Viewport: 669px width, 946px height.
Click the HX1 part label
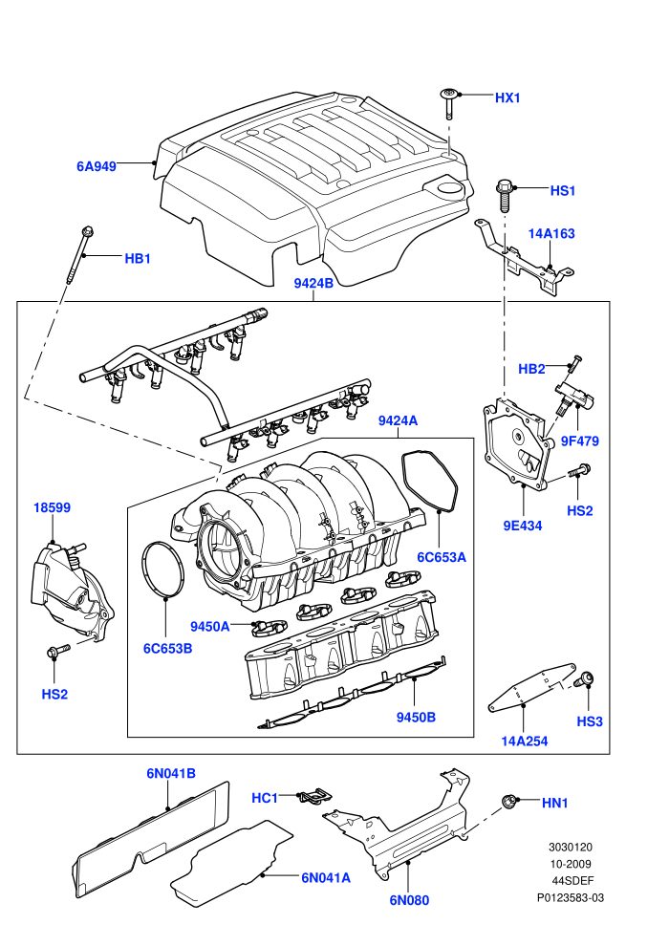click(507, 97)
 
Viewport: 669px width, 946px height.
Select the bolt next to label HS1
click(505, 194)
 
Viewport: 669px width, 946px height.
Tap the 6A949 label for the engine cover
click(97, 166)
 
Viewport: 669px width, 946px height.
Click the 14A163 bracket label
click(551, 233)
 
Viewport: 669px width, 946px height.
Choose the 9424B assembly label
click(313, 283)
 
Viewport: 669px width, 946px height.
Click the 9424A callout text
click(398, 420)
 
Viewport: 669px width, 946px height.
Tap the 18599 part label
click(52, 508)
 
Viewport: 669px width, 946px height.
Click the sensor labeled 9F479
click(574, 397)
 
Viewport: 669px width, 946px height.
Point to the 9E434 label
click(523, 526)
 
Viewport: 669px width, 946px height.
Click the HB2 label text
click(531, 369)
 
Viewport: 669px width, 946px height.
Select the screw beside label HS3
click(584, 679)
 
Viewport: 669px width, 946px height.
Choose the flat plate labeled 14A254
click(530, 688)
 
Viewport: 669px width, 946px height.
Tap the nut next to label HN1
click(509, 802)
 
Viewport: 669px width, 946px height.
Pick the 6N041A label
click(326, 878)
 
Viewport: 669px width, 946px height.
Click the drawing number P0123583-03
click(571, 897)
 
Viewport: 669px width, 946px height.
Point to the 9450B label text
click(416, 718)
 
